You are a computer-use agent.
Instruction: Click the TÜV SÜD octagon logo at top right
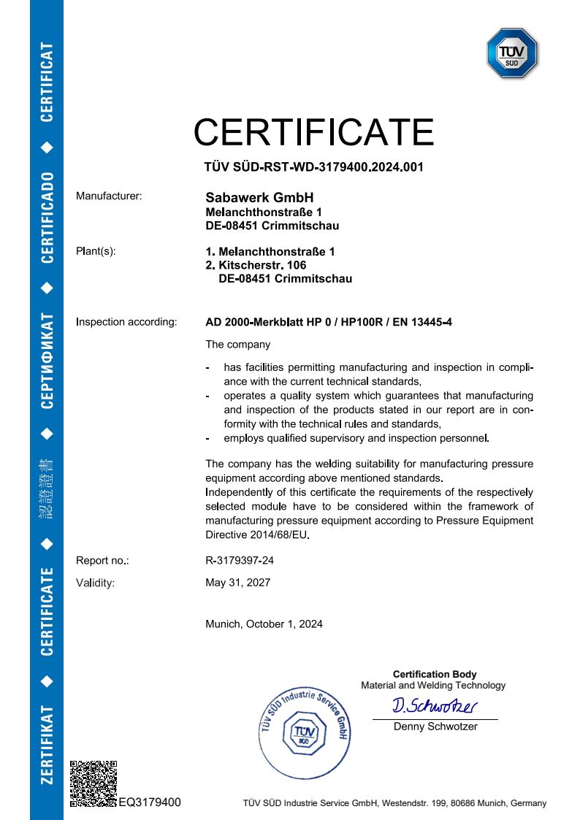[x=512, y=53]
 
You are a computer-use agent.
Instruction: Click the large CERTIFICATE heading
[x=313, y=133]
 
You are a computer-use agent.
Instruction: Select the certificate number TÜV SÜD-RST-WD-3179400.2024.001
[x=313, y=167]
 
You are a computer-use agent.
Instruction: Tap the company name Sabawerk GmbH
[x=259, y=198]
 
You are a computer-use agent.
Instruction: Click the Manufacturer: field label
[x=109, y=196]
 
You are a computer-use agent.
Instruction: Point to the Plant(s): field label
[x=96, y=251]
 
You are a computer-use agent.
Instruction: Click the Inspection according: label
[x=126, y=321]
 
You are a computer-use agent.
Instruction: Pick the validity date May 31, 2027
[x=238, y=583]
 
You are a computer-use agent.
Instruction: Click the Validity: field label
[x=96, y=583]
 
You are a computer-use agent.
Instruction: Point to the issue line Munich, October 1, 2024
[x=264, y=624]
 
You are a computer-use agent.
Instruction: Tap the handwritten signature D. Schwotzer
[x=435, y=706]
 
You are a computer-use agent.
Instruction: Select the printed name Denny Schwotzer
[x=435, y=727]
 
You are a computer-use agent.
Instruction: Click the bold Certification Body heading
[x=435, y=674]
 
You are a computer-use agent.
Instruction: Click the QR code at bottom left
[x=94, y=783]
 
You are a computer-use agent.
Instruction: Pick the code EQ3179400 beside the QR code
[x=150, y=802]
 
